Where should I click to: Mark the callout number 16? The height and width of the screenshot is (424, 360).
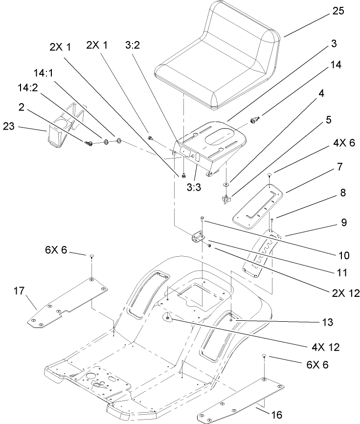277,415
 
